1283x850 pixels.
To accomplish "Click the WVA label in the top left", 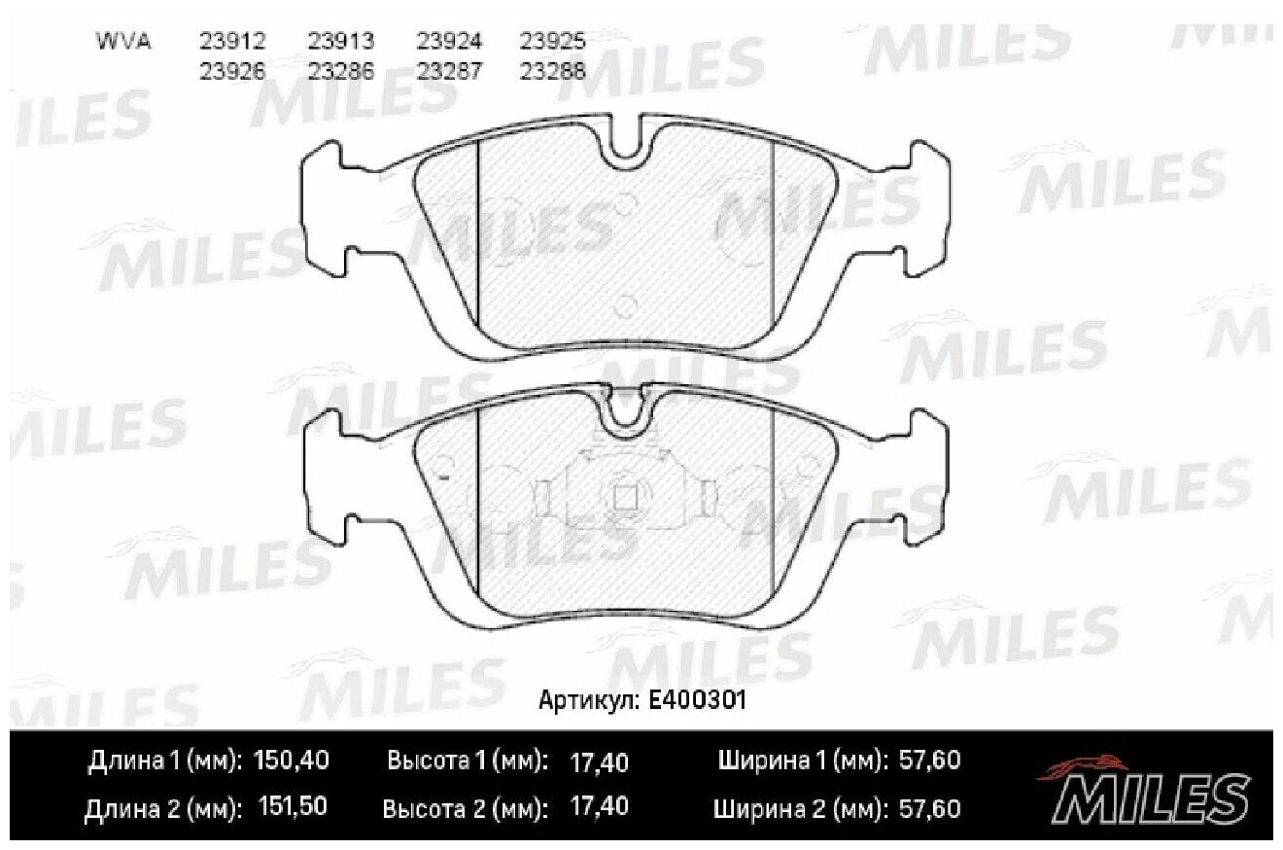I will click(121, 42).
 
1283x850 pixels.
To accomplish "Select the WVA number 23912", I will click(232, 42).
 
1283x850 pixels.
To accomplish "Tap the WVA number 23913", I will click(341, 42).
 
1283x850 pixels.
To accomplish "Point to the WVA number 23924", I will click(449, 42).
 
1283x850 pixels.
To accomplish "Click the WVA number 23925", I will click(552, 42).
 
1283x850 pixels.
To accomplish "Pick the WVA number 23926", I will click(232, 70).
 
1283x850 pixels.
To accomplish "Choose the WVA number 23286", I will click(341, 70).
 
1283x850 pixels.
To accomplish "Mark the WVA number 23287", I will click(449, 70).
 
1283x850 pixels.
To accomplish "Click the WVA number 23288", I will click(552, 70).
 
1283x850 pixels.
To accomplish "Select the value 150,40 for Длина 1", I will click(291, 761).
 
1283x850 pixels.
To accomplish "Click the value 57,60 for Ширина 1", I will click(928, 761).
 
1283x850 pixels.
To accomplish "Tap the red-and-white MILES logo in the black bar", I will click(1142, 789).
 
